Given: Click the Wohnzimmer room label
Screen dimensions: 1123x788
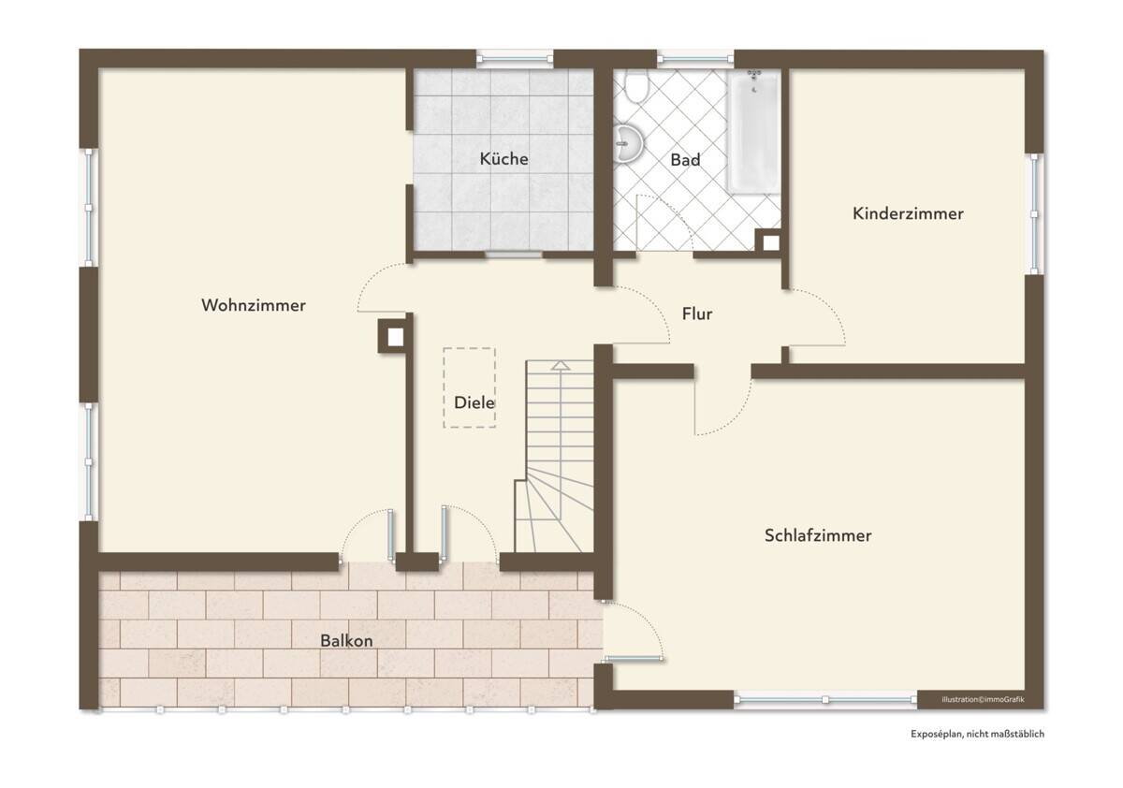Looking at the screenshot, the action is [x=254, y=305].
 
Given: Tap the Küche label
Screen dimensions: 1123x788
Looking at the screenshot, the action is [x=503, y=159].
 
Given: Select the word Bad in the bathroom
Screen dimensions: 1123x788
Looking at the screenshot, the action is [x=685, y=160].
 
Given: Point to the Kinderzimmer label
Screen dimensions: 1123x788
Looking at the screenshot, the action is [x=908, y=213].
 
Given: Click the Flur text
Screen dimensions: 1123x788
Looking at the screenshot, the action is [x=697, y=314].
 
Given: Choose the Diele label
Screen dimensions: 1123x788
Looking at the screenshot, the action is [x=474, y=402].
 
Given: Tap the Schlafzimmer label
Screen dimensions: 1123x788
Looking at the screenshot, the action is [x=818, y=535].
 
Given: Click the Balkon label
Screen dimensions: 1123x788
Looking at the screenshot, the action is [x=346, y=641].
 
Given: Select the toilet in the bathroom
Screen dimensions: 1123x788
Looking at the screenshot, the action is [x=636, y=84].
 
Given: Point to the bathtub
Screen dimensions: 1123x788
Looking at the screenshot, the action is [x=754, y=132].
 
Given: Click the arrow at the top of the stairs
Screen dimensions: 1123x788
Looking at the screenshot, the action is [x=560, y=365].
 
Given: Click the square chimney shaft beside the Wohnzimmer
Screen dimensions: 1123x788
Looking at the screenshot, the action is [x=395, y=337].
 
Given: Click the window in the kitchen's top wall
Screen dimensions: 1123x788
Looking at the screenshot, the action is [x=515, y=59].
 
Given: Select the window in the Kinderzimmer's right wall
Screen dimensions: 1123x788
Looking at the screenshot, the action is [x=1034, y=214].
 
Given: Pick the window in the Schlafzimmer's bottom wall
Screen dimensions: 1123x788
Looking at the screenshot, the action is [x=825, y=699].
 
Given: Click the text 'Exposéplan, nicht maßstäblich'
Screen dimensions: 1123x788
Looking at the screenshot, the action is [x=978, y=734].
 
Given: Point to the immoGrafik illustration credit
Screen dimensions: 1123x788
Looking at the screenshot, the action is [x=983, y=699].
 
